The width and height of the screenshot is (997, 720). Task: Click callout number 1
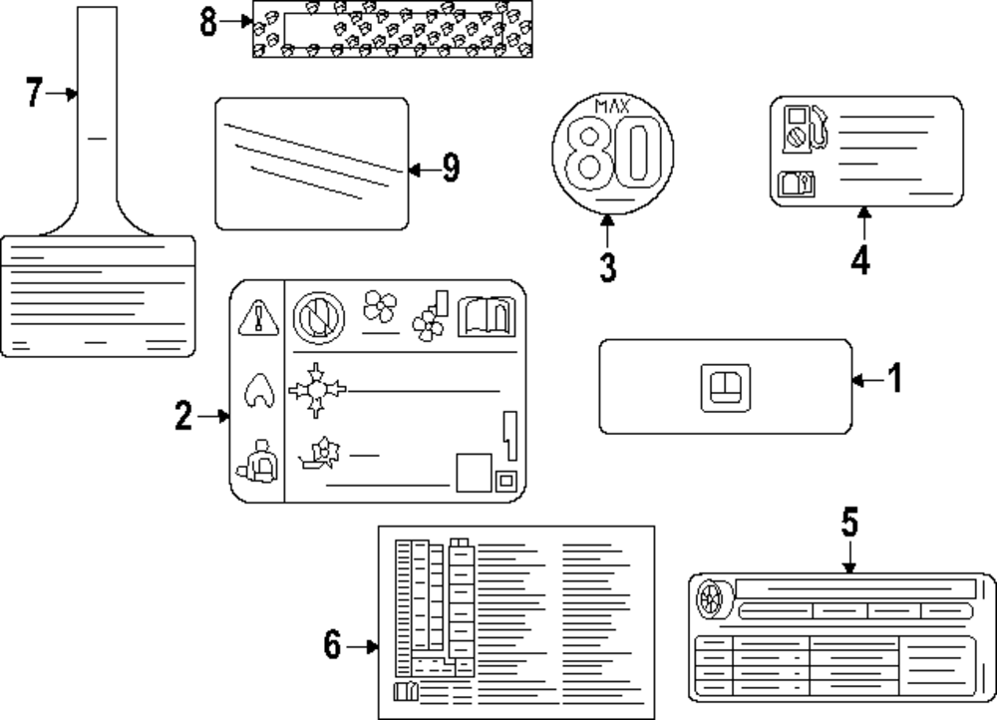(894, 379)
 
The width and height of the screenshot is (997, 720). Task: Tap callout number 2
(182, 416)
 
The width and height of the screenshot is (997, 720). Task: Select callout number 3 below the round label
(608, 266)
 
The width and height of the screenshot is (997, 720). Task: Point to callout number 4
(861, 258)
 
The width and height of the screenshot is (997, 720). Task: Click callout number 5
(848, 522)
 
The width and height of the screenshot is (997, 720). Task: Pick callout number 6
(332, 647)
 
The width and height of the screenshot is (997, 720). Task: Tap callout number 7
(35, 94)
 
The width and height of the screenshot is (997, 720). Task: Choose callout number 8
(208, 22)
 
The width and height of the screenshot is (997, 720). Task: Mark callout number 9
(451, 169)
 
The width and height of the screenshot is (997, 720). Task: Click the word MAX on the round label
(612, 107)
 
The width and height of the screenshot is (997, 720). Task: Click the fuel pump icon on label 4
(807, 129)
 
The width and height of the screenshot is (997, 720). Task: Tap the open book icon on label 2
(486, 317)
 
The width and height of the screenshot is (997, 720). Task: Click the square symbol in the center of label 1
(725, 387)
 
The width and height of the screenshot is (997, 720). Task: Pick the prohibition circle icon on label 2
(318, 319)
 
